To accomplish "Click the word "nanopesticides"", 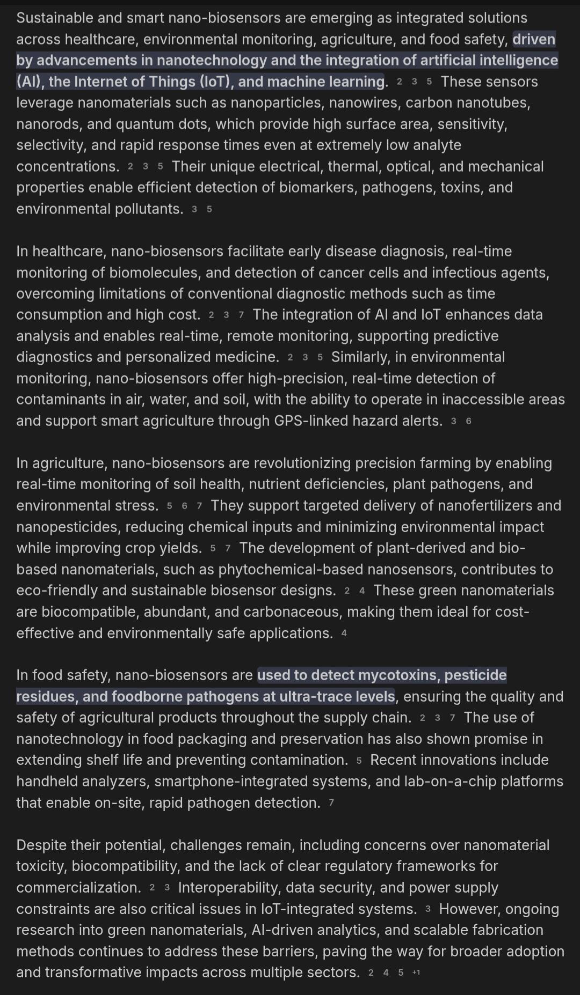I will [x=68, y=527].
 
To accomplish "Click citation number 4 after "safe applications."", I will [x=344, y=633].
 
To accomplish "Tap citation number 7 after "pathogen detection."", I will [x=331, y=803].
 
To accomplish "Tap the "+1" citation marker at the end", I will [x=416, y=972].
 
